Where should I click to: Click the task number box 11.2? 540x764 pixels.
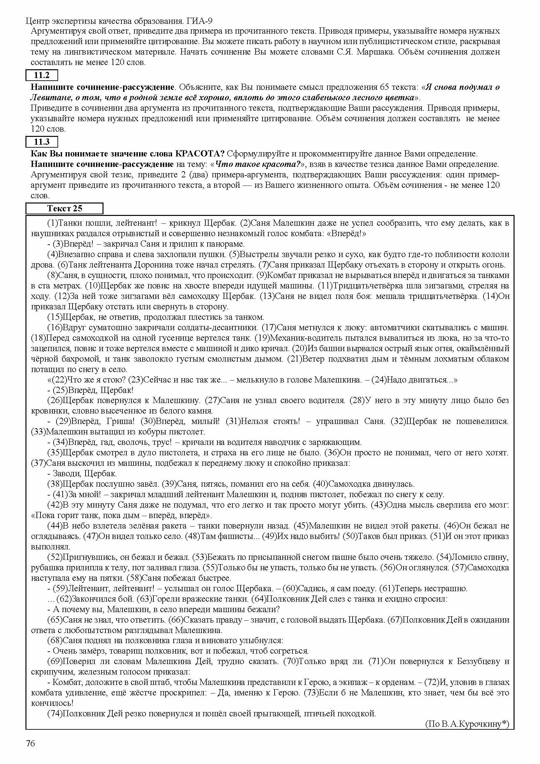coord(42,75)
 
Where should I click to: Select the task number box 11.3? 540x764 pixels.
coord(42,142)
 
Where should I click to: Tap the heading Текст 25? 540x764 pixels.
coord(65,209)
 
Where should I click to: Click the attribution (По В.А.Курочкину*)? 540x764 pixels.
coord(467,724)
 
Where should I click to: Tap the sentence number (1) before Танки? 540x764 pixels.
coord(53,223)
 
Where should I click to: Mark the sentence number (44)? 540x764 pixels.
coord(55,526)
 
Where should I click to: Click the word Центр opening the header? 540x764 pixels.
coord(38,21)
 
